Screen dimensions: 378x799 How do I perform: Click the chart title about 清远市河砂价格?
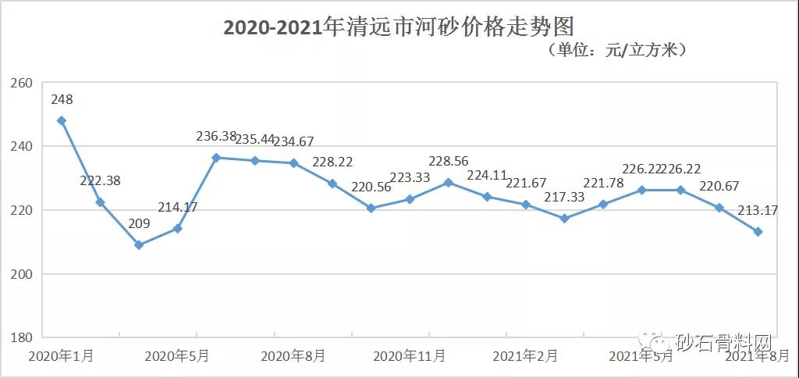coord(399,27)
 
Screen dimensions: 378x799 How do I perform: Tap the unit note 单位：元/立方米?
coord(616,51)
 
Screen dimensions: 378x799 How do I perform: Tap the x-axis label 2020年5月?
coord(177,356)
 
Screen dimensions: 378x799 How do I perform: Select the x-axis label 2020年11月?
coord(410,356)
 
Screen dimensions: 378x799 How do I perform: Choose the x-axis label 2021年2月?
coord(526,356)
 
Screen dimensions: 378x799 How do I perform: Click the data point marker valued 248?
coord(62,120)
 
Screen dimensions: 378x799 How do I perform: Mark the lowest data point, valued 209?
coord(139,245)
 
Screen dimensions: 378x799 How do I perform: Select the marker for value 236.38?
coord(216,158)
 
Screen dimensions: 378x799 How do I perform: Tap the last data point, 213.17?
coord(758,232)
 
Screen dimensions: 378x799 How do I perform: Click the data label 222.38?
coord(101,180)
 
